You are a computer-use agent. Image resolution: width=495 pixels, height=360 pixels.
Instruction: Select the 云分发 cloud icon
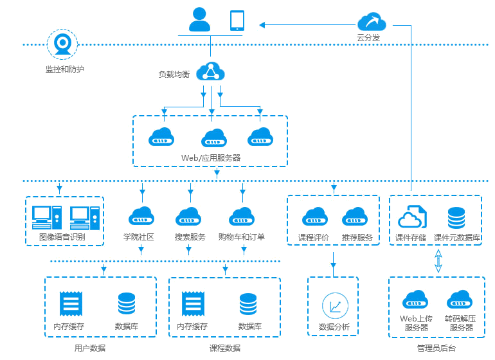click(372, 22)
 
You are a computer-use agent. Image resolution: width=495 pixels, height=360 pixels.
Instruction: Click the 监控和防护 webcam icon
click(62, 44)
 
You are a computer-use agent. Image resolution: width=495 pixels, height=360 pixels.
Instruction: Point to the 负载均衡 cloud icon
click(210, 71)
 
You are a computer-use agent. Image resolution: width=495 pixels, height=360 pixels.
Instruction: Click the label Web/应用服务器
click(211, 157)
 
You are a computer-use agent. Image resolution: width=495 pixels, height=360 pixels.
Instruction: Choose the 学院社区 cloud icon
click(141, 216)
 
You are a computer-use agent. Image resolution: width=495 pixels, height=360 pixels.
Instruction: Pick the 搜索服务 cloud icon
click(190, 216)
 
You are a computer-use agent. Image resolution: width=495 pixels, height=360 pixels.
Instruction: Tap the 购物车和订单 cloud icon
click(242, 216)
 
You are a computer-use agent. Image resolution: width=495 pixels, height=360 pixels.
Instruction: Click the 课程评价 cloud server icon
click(315, 216)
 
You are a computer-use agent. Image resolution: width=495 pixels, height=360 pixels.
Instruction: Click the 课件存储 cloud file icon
click(411, 217)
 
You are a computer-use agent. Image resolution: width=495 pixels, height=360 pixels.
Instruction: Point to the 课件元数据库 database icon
click(456, 217)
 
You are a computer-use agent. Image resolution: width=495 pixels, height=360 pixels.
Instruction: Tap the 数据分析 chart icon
click(334, 305)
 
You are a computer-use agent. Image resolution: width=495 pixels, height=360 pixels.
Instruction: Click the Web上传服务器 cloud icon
click(415, 300)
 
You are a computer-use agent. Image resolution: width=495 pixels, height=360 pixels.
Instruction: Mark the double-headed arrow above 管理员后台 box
click(438, 261)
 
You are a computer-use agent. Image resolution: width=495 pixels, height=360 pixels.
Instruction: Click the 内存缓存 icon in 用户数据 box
click(70, 304)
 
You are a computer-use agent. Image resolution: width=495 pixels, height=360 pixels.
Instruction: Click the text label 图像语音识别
click(62, 237)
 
